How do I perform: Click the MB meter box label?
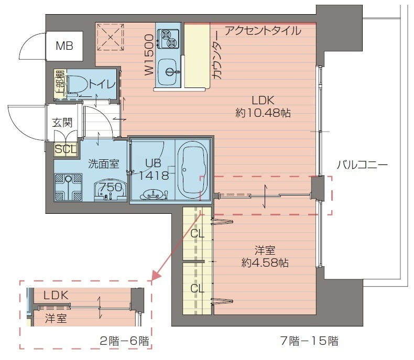tap(65, 46)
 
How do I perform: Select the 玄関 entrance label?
tap(62, 123)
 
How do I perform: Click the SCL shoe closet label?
tap(66, 149)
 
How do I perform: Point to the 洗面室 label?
tap(103, 163)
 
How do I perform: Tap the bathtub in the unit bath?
tap(193, 169)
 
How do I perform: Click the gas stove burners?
tap(169, 36)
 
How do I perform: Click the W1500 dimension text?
tap(149, 56)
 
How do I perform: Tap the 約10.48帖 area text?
tap(263, 113)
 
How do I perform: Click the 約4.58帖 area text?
tap(263, 261)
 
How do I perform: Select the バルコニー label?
tap(362, 166)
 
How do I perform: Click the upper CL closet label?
tap(198, 234)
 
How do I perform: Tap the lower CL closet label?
tap(197, 288)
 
